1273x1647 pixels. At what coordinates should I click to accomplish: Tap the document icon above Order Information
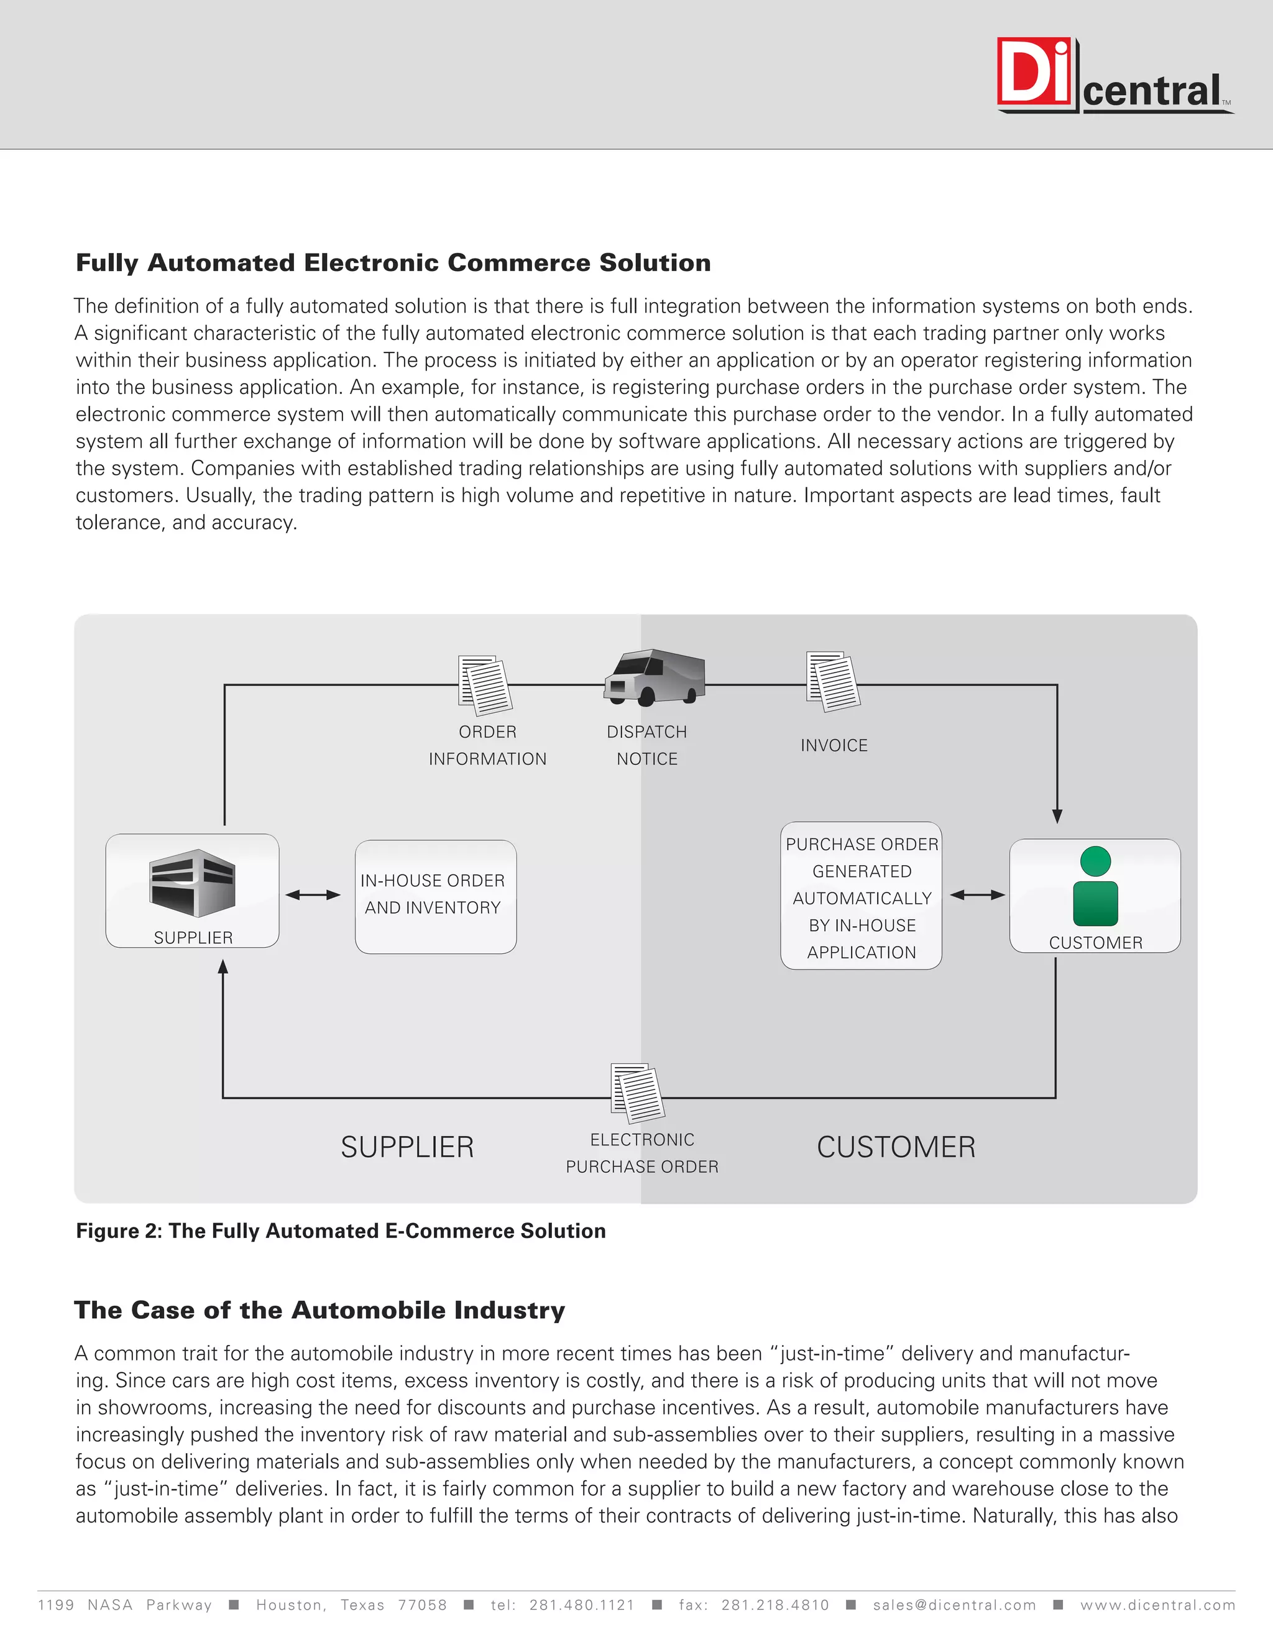tap(485, 685)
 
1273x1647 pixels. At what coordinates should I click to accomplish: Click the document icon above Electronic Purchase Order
tap(637, 1092)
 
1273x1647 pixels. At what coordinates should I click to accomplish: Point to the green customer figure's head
tap(1095, 861)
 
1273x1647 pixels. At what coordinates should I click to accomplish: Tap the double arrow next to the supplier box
tap(313, 895)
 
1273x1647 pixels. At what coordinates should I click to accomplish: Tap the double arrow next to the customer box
tap(977, 895)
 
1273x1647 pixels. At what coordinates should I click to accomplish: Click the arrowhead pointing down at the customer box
tap(1057, 816)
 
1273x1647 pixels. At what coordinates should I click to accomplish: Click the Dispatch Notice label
tap(646, 745)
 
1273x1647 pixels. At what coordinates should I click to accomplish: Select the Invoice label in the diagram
tap(834, 745)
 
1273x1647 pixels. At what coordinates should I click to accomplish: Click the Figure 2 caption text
tap(341, 1231)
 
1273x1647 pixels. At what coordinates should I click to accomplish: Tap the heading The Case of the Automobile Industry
tap(319, 1310)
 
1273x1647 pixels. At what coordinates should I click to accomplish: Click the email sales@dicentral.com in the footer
tap(954, 1605)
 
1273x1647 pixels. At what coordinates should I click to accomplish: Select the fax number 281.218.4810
tap(774, 1605)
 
